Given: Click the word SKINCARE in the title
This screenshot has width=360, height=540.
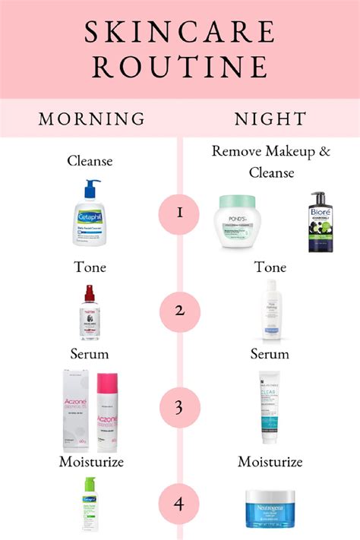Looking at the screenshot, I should pos(179,32).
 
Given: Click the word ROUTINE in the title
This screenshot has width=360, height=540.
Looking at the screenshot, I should pos(179,67).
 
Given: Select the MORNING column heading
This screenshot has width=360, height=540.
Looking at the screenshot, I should pos(92,119).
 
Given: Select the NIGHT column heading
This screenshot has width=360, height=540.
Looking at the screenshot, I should pos(270,119).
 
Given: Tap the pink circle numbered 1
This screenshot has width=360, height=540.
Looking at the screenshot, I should pos(180,212).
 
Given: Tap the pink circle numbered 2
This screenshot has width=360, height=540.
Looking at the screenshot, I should pos(180,311).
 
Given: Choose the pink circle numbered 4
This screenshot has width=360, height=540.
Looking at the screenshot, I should pos(180,502).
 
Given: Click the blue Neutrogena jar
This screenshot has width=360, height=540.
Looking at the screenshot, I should pos(270,507).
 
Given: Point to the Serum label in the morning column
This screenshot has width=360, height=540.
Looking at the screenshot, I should pos(90,354).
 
